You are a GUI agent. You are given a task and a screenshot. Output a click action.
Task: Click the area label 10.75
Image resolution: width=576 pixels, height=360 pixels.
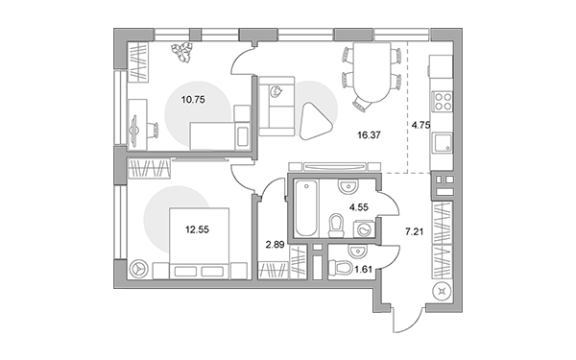(193, 99)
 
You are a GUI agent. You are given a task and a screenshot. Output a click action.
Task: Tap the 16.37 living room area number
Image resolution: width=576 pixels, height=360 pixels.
(370, 135)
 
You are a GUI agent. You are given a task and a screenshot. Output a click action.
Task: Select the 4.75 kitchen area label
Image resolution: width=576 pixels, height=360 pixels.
(421, 125)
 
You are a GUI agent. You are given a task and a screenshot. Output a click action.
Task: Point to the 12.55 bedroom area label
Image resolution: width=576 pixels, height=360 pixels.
(197, 230)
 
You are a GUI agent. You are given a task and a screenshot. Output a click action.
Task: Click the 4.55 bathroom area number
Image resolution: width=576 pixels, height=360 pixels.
(358, 207)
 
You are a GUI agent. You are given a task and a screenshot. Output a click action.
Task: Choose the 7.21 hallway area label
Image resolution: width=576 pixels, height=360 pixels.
(414, 231)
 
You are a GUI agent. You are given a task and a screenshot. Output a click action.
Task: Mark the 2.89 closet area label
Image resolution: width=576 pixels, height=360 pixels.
(276, 245)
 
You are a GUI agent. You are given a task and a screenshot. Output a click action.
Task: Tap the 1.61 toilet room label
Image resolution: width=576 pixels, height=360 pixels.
(363, 269)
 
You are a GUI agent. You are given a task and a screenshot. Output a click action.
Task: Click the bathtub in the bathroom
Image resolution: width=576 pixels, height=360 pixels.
(306, 208)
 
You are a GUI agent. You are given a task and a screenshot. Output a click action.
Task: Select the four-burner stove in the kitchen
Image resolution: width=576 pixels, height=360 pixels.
(443, 102)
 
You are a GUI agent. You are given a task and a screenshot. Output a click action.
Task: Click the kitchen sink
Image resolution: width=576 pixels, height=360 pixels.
(443, 142)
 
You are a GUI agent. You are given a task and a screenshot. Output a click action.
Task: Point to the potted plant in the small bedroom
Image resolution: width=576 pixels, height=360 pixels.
(181, 52)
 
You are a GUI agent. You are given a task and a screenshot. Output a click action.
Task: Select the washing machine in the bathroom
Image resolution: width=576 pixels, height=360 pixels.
(364, 229)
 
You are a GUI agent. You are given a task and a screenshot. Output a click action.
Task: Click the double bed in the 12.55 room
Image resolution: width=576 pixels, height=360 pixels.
(199, 244)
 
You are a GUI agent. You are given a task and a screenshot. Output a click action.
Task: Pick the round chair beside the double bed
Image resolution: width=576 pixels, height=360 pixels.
(139, 269)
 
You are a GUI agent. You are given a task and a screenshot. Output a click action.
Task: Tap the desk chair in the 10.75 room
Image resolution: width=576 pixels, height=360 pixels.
(153, 130)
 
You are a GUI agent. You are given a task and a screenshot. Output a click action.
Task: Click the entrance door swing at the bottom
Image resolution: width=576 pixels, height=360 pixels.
(406, 319)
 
